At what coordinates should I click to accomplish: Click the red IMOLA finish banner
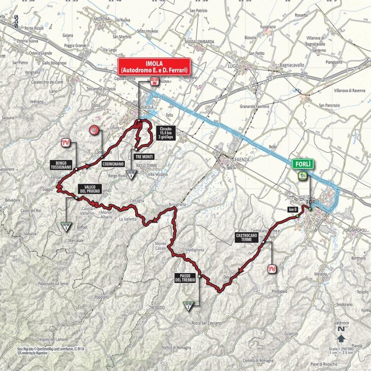154,66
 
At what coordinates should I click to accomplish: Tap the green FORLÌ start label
302,164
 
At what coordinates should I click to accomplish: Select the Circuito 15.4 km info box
165,133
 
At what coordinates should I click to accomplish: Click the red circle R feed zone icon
95,131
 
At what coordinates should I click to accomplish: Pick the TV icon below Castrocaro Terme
272,266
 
